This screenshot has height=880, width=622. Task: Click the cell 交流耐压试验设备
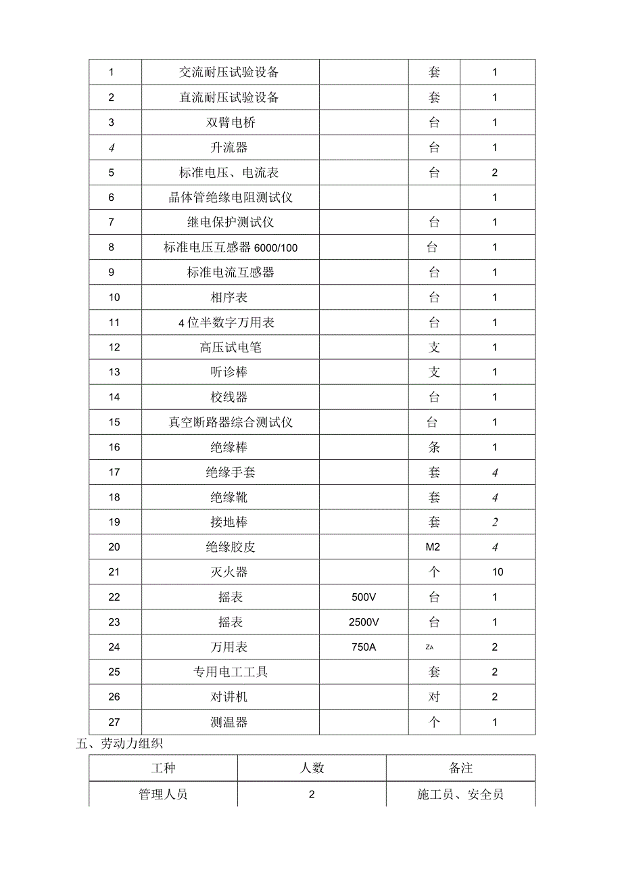tap(229, 72)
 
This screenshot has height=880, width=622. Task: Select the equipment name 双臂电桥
tap(229, 122)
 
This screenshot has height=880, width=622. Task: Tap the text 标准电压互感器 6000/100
tap(231, 248)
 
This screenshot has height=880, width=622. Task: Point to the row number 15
tap(114, 423)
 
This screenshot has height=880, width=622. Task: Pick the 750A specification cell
tap(364, 647)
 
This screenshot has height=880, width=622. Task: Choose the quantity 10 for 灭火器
tap(498, 572)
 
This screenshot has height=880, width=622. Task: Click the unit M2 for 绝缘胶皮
tap(433, 547)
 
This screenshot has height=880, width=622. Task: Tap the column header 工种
tap(163, 768)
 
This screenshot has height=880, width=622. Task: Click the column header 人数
tap(312, 768)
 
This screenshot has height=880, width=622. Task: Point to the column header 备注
tap(460, 768)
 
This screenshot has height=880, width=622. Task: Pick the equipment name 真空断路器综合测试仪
tap(231, 423)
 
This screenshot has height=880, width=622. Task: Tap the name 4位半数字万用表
tap(226, 323)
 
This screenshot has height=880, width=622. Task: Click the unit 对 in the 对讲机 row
tap(434, 697)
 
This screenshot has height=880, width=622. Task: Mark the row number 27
tap(114, 722)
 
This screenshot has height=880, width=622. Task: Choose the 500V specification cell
tap(364, 597)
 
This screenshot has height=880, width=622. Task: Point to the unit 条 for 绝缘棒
tap(434, 447)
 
